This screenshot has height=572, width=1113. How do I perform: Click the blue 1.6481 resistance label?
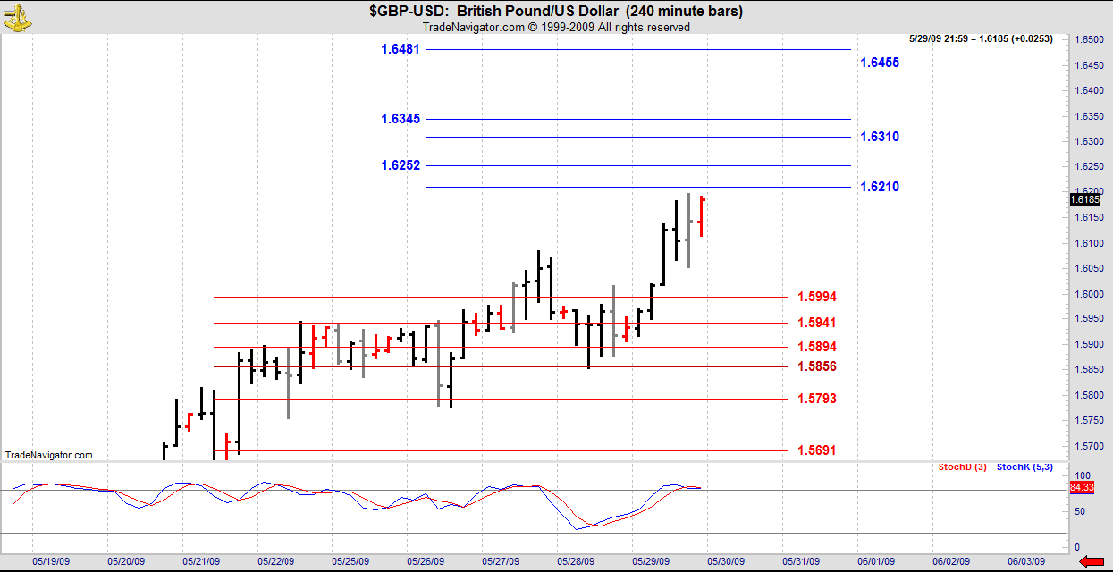pyautogui.click(x=400, y=49)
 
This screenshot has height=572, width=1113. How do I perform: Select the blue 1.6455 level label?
pyautogui.click(x=879, y=63)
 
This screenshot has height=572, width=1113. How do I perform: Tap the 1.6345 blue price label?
pyautogui.click(x=400, y=119)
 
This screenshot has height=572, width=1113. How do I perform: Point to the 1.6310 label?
pyautogui.click(x=879, y=137)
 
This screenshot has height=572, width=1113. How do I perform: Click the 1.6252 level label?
pyautogui.click(x=400, y=165)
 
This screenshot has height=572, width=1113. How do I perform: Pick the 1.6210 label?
pyautogui.click(x=879, y=187)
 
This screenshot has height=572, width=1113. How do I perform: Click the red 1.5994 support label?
pyautogui.click(x=816, y=297)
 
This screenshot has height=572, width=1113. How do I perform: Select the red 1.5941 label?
pyautogui.click(x=816, y=323)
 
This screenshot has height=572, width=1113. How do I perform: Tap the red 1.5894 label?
pyautogui.click(x=816, y=347)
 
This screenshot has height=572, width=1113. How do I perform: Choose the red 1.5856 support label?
pyautogui.click(x=816, y=366)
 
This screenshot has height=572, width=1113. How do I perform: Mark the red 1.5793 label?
pyautogui.click(x=816, y=399)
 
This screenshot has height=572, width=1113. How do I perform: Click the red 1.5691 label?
pyautogui.click(x=816, y=450)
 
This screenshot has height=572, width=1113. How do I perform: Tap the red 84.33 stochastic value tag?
pyautogui.click(x=1081, y=487)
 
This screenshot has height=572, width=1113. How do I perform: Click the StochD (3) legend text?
pyautogui.click(x=963, y=467)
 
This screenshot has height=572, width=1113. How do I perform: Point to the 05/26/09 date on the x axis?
pyautogui.click(x=426, y=561)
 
